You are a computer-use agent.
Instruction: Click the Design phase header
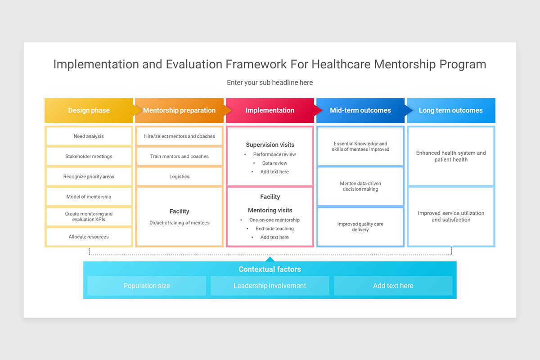(89, 110)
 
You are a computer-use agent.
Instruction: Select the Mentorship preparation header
(179, 110)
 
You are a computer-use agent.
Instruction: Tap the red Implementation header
(270, 110)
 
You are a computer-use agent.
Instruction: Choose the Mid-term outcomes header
(360, 110)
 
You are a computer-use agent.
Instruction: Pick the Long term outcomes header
(450, 110)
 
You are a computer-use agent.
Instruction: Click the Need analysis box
(89, 136)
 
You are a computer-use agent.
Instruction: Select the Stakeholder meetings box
(89, 157)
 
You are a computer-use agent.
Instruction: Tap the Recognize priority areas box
(89, 177)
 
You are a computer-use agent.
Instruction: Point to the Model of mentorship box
(89, 197)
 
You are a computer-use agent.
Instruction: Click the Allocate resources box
(89, 237)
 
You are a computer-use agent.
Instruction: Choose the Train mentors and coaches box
(179, 157)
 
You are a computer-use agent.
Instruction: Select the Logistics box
(179, 177)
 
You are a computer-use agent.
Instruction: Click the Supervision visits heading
(270, 145)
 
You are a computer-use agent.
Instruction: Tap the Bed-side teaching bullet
(274, 229)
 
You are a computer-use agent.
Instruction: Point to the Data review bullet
(274, 163)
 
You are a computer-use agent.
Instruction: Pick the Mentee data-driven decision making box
(360, 186)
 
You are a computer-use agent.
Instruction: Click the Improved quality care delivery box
(360, 227)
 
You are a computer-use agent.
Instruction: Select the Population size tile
(147, 286)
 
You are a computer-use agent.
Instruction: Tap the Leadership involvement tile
(270, 286)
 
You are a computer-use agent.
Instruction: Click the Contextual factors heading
(270, 269)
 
